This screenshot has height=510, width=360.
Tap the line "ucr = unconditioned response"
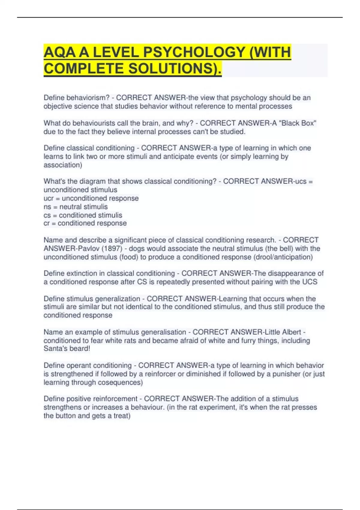91,198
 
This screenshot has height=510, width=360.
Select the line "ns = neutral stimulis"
76,207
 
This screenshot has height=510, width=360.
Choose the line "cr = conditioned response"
85,223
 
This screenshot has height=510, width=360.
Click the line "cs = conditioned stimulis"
83,215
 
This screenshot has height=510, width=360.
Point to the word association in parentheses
62,165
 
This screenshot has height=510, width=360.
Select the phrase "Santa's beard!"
67,349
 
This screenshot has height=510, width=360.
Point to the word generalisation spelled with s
163,332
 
